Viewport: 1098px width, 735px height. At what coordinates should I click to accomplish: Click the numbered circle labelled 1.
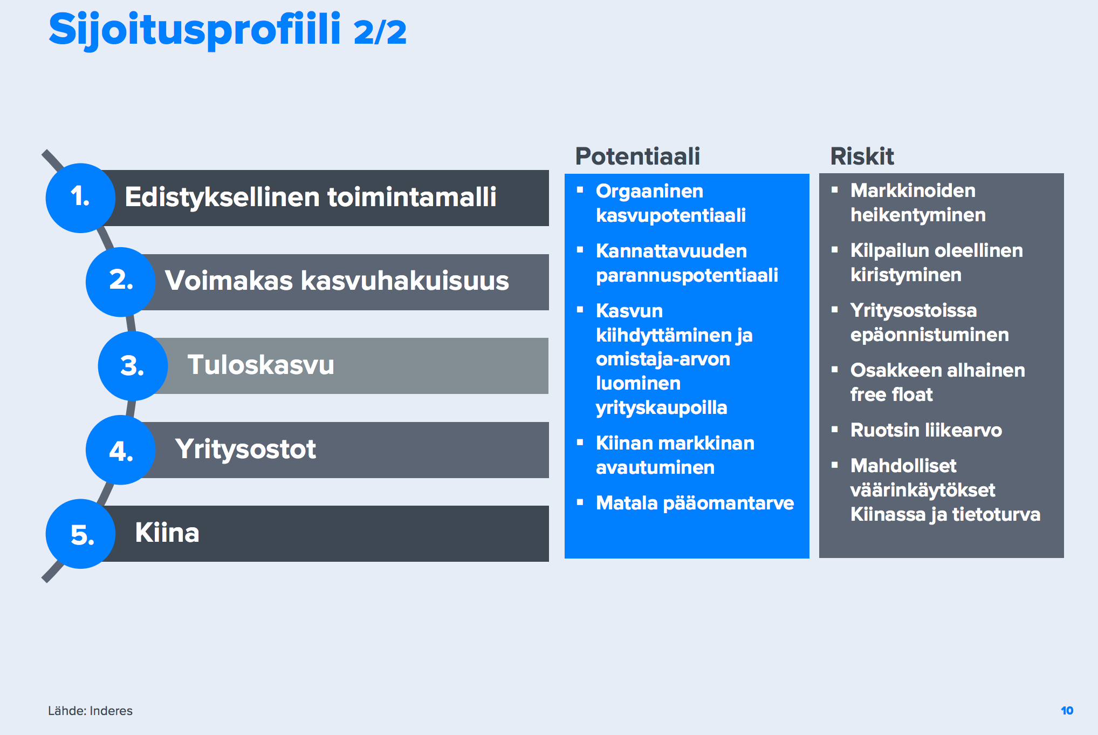point(80,198)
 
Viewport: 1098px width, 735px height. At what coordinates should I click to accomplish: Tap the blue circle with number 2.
point(121,282)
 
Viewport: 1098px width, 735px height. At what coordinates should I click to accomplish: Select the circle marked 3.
point(133,366)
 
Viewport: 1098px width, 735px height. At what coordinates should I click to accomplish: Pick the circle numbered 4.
point(121,450)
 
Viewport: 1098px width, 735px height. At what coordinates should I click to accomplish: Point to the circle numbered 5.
point(80,534)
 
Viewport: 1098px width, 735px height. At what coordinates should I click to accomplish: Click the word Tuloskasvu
point(260,365)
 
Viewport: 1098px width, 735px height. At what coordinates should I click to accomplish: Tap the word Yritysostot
point(245,449)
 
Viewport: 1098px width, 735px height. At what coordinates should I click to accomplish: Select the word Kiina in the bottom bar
point(167,533)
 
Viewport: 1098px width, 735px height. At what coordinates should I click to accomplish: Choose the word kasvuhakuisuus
point(404,281)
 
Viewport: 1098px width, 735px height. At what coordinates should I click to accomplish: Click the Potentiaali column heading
point(637,156)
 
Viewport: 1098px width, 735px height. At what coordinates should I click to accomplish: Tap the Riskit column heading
point(862,156)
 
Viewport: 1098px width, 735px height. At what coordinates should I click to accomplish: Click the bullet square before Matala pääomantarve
point(580,502)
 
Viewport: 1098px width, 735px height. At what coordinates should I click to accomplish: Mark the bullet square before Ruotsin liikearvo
point(835,430)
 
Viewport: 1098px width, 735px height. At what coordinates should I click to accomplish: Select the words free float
point(891,394)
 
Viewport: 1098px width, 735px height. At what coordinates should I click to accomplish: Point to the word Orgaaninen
point(649,191)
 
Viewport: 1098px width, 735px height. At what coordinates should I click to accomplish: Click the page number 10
point(1067,711)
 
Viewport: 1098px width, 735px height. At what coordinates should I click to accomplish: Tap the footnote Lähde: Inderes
point(90,711)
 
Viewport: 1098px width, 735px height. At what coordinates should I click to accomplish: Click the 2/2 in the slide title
point(380,32)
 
